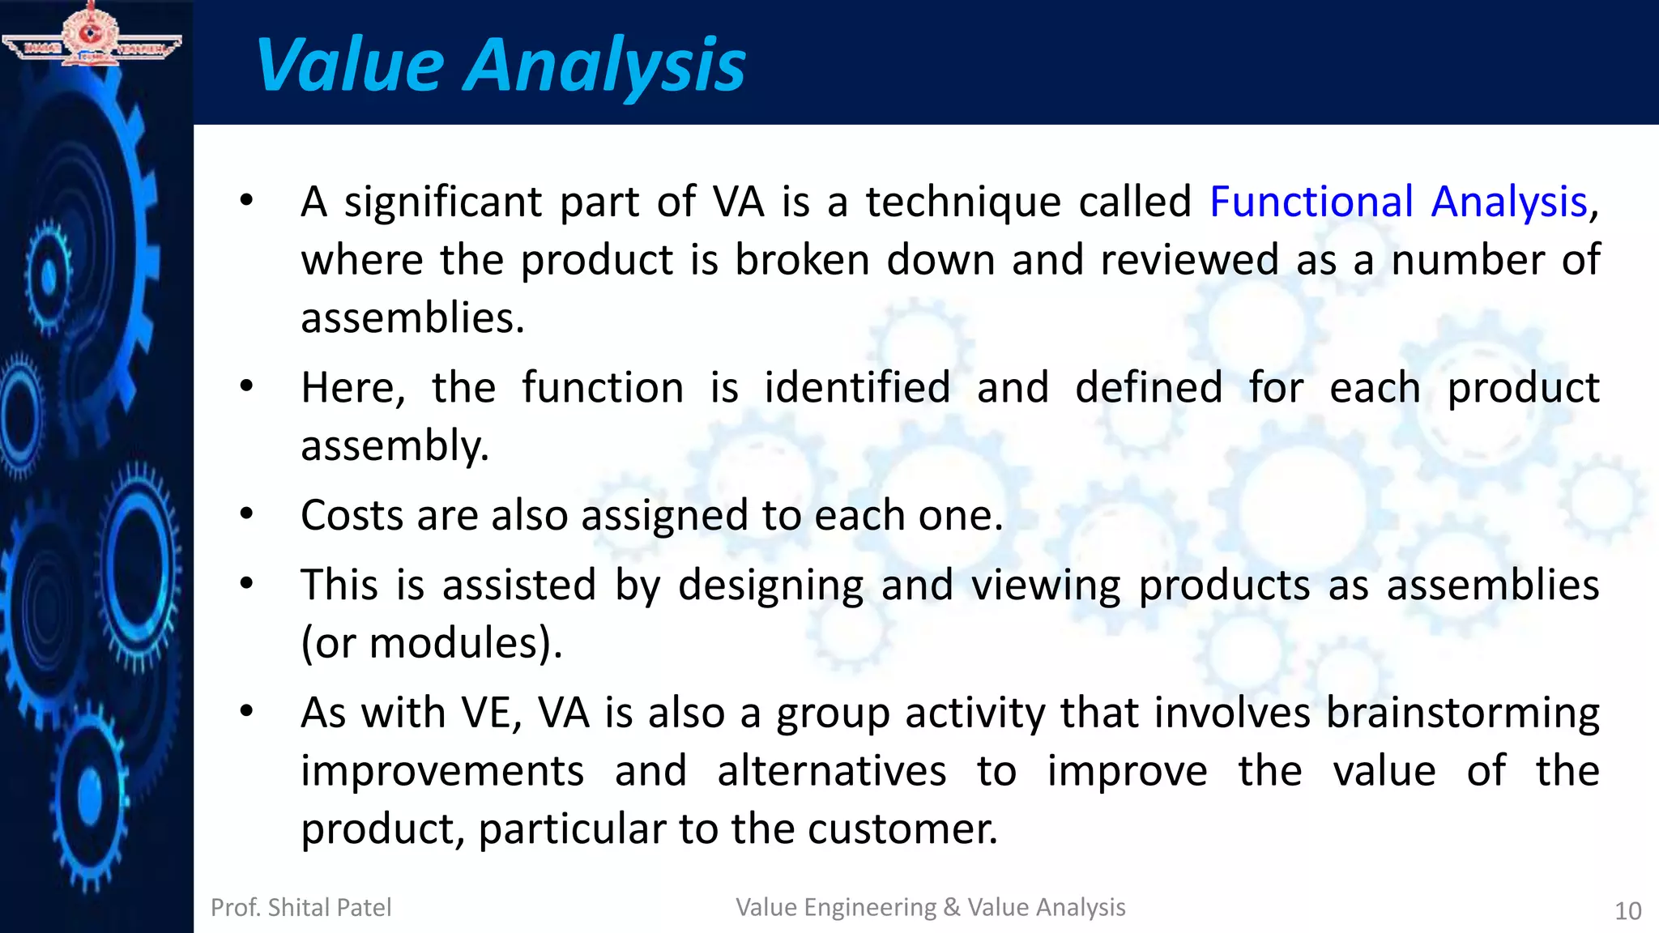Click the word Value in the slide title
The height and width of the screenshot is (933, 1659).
pos(350,65)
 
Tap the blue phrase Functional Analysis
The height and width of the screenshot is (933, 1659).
pos(1398,202)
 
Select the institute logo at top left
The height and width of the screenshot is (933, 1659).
pos(91,34)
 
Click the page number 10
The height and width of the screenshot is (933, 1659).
pos(1627,911)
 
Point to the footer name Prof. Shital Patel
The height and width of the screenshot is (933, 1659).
pos(301,907)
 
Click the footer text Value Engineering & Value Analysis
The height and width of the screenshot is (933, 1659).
pos(930,907)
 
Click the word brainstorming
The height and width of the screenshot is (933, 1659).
pos(1462,714)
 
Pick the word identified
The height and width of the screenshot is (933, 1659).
pos(857,388)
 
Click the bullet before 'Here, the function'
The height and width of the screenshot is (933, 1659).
pos(247,386)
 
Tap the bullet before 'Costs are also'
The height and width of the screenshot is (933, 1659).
pos(247,513)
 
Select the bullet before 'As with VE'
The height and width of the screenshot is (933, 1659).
pos(247,712)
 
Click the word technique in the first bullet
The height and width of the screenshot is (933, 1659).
pos(963,202)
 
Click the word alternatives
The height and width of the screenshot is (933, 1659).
pos(831,771)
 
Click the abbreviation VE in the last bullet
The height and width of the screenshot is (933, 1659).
pos(491,714)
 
